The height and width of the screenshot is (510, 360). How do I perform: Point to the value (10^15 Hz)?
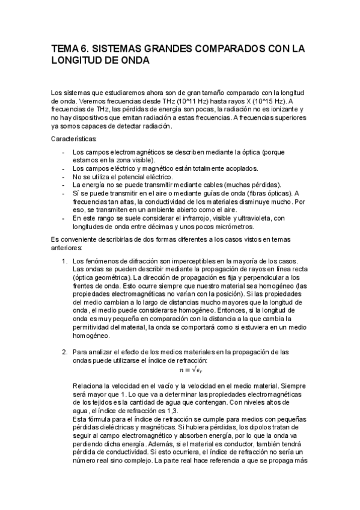click(282, 102)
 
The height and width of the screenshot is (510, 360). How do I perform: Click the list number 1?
click(64, 260)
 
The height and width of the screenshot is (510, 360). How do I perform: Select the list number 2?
click(64, 351)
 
